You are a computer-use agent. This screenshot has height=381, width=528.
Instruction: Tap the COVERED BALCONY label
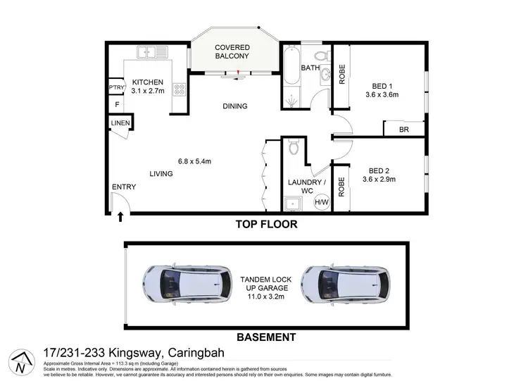tap(232, 51)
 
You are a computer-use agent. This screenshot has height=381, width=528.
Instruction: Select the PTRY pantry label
tap(116, 88)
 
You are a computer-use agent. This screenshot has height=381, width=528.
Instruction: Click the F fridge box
tap(117, 105)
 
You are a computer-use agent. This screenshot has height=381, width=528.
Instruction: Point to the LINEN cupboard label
tap(120, 124)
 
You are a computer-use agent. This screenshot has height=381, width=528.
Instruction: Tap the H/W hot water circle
tap(321, 203)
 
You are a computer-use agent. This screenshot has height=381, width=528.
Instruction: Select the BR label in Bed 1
tap(403, 130)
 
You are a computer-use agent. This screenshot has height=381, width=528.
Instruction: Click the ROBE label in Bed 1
tap(342, 75)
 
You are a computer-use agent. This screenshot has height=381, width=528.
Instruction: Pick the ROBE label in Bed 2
tap(342, 185)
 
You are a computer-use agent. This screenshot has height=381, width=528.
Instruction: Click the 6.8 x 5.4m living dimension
tap(196, 161)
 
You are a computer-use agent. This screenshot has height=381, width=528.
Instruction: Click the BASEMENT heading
tap(266, 337)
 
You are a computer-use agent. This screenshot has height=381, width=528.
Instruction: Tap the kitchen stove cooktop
tap(179, 90)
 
